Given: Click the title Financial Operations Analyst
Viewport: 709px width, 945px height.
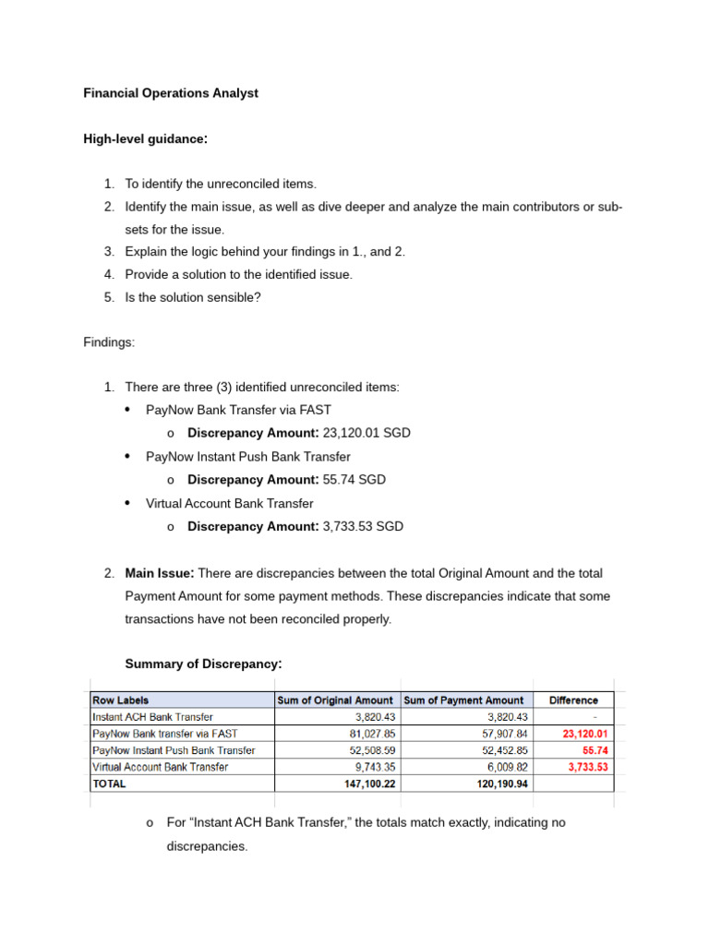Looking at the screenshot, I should (171, 93).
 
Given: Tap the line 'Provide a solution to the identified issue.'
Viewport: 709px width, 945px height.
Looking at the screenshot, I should (239, 274).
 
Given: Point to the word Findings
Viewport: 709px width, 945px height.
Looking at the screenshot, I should (109, 342).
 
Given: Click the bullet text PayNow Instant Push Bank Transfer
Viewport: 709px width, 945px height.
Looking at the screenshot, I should (248, 456).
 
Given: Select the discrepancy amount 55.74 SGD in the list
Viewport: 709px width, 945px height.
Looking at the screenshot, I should (354, 480).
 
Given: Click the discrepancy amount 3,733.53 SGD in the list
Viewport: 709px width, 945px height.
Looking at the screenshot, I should (363, 526).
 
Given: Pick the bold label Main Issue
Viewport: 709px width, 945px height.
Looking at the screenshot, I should (160, 573).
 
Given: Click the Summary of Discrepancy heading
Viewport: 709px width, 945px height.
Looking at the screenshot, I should (203, 664).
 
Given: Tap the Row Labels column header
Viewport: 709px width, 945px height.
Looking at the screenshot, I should (120, 700).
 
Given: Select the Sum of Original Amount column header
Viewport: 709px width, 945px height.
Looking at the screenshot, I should (335, 700).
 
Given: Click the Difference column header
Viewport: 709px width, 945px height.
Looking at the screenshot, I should (573, 700).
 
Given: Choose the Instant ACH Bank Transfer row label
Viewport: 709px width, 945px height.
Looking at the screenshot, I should (152, 717).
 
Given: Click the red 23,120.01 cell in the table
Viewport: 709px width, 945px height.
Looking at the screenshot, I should (586, 734).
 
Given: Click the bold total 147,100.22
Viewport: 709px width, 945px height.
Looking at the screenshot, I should (365, 784).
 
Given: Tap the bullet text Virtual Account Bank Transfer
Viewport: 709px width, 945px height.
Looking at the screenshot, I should (230, 503).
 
